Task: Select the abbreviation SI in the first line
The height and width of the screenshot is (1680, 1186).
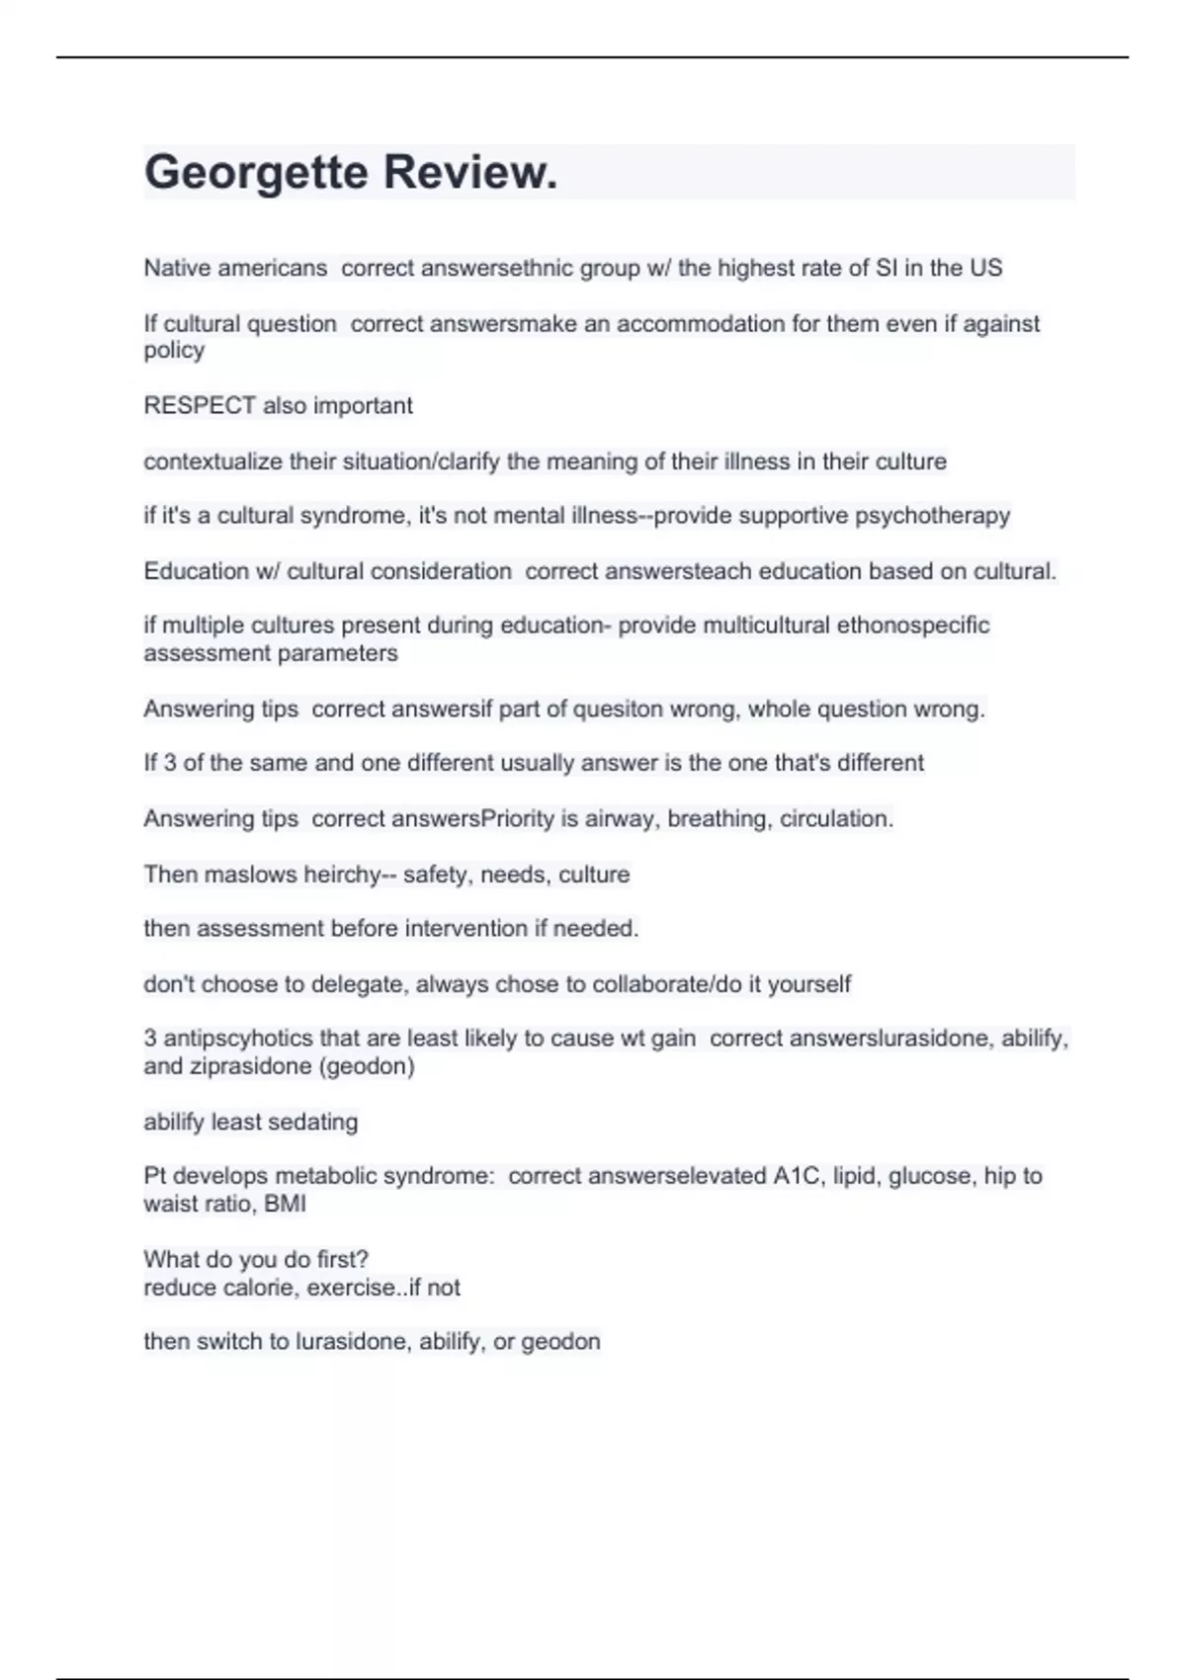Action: pyautogui.click(x=887, y=268)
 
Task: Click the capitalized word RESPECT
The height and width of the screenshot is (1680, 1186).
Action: pyautogui.click(x=200, y=405)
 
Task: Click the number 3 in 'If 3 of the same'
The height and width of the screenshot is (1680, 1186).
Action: pyautogui.click(x=170, y=763)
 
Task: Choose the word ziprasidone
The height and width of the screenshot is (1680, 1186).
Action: pyautogui.click(x=234, y=1066)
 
